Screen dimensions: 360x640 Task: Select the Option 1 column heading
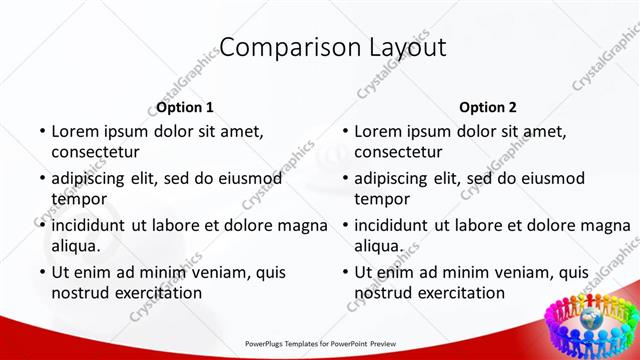[x=185, y=107]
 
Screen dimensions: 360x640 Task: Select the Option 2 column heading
[x=488, y=107]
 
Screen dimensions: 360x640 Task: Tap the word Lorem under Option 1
[x=75, y=131]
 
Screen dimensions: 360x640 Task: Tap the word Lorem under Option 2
[x=378, y=131]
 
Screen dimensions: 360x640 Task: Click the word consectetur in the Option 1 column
[x=96, y=153]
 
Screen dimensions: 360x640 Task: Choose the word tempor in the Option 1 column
[x=79, y=200]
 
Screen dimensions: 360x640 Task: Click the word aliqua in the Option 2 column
[x=379, y=246]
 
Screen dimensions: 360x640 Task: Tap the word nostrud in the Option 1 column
[x=80, y=293]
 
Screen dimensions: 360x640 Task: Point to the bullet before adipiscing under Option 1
[x=42, y=178]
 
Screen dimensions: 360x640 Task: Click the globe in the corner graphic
[x=590, y=321]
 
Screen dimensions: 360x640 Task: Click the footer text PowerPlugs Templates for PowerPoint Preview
[x=320, y=341]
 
